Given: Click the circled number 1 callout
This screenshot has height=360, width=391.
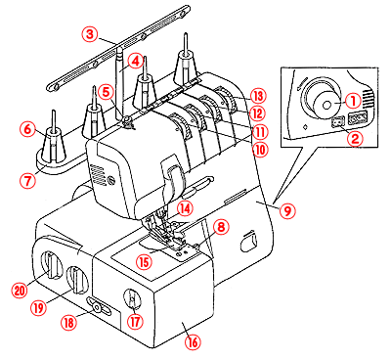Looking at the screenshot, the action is pyautogui.click(x=353, y=102).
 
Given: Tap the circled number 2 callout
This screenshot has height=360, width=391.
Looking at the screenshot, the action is pyautogui.click(x=354, y=139).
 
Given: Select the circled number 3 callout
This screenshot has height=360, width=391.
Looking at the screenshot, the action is pyautogui.click(x=90, y=34).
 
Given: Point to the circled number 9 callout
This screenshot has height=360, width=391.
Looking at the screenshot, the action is pyautogui.click(x=287, y=211).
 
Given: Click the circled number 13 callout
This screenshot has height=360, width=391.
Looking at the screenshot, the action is pyautogui.click(x=259, y=96).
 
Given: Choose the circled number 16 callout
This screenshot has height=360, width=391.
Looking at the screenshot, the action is pyautogui.click(x=193, y=342).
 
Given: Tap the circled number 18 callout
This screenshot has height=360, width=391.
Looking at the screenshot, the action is pyautogui.click(x=69, y=323).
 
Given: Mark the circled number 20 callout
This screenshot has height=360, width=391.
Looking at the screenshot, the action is pyautogui.click(x=20, y=290).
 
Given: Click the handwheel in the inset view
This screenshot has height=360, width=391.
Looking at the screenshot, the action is pyautogui.click(x=322, y=97).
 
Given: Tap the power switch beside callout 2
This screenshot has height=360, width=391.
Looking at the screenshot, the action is pyautogui.click(x=336, y=122).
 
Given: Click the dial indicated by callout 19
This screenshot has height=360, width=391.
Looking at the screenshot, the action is pyautogui.click(x=77, y=280).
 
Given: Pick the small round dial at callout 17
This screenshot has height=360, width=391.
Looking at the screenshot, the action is pyautogui.click(x=132, y=298).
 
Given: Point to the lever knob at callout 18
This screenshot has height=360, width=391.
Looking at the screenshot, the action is pyautogui.click(x=97, y=307).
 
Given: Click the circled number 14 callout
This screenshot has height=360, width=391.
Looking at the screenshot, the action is pyautogui.click(x=185, y=209).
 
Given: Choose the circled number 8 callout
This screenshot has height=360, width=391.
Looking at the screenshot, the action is pyautogui.click(x=221, y=227).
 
